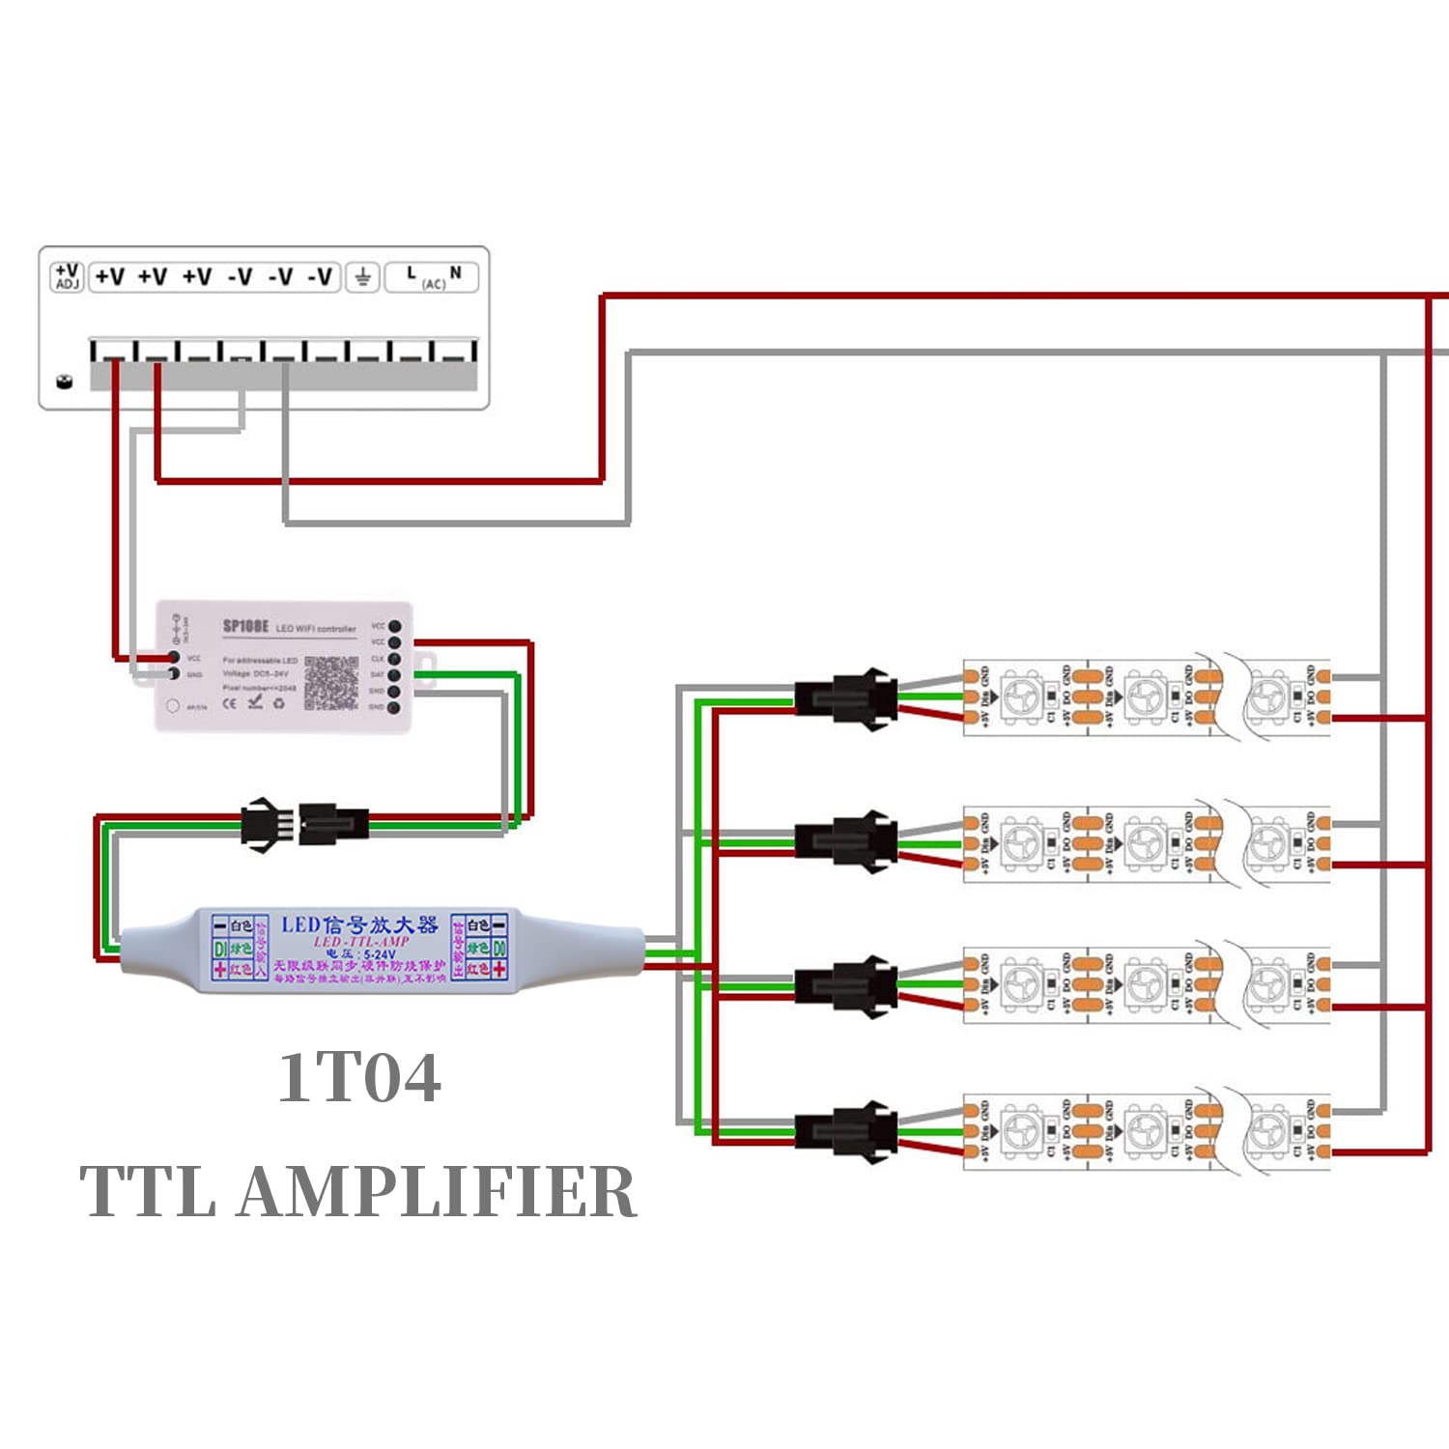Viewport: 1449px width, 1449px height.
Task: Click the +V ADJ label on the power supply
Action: point(67,276)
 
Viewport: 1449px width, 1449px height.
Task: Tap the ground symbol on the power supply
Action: point(362,278)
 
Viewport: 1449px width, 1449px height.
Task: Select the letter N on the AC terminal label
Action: point(456,273)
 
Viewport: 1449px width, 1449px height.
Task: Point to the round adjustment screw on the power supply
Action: point(65,380)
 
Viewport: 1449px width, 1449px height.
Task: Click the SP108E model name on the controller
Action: point(245,626)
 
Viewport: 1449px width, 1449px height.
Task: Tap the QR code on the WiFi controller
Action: point(331,682)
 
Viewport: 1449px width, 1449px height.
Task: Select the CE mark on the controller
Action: point(230,702)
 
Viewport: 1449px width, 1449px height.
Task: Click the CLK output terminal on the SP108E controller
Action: point(394,659)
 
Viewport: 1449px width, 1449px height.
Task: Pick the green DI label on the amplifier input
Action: point(219,950)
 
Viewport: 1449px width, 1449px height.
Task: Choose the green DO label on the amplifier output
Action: point(499,949)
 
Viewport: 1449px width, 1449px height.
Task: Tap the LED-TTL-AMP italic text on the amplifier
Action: point(361,941)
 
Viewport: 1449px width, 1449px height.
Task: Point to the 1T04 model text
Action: point(359,1077)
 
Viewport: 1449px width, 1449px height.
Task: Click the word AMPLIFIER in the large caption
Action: point(437,1191)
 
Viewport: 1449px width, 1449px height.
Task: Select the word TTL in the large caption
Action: point(148,1191)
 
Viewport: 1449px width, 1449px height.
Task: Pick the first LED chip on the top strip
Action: point(1022,696)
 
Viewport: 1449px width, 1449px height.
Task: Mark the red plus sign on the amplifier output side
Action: point(499,969)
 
